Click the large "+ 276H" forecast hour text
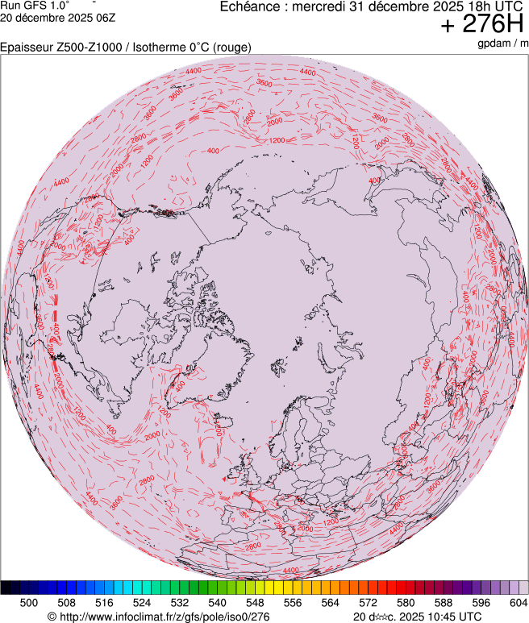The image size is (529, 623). click(x=478, y=25)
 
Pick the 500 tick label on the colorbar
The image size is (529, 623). click(x=28, y=602)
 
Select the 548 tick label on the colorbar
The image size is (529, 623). click(x=255, y=602)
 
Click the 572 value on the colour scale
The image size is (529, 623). click(x=368, y=602)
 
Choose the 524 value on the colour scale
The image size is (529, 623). click(x=142, y=602)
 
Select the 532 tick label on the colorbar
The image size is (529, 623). click(x=179, y=602)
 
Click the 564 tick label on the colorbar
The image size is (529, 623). click(x=331, y=602)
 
